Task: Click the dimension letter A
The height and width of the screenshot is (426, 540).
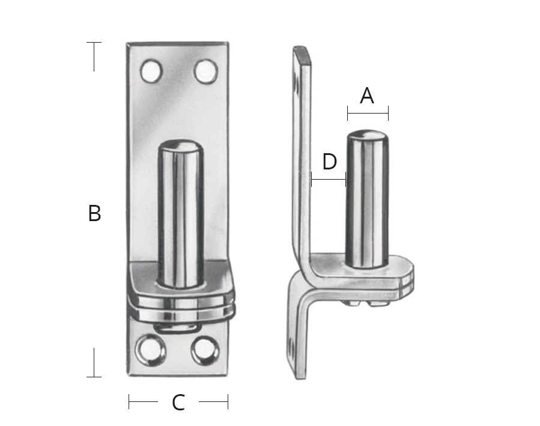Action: tap(367, 96)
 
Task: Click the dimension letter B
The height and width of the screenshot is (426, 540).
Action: tap(94, 213)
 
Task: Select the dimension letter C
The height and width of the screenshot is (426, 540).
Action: tap(178, 403)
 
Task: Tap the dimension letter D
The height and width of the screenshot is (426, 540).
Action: tap(329, 162)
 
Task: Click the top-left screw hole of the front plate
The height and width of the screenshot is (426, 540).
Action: tap(152, 72)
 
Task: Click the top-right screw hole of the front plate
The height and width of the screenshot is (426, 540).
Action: tap(205, 72)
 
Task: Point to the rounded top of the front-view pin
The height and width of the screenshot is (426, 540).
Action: tap(181, 147)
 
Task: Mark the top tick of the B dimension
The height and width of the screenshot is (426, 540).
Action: tap(94, 43)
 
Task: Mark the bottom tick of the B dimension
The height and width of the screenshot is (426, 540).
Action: tap(94, 377)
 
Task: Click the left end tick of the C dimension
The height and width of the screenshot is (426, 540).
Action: tap(129, 402)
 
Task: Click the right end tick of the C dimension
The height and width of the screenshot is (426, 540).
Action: tap(228, 402)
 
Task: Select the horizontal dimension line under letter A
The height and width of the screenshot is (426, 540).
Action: tap(368, 112)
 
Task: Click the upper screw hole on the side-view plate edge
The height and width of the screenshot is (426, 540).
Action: tap(295, 84)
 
